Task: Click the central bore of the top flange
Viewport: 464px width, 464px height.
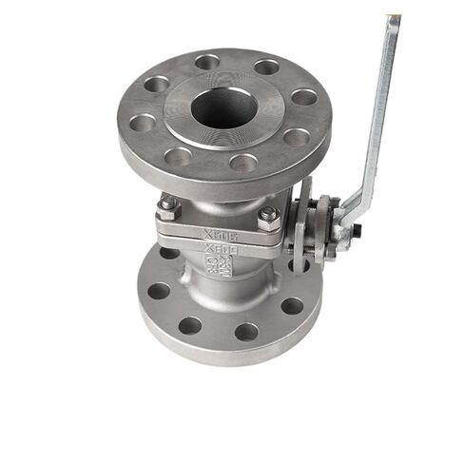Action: coord(223,108)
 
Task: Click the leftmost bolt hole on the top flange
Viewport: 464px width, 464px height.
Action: coord(143,122)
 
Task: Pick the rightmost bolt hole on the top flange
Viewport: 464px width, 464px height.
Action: coord(303,97)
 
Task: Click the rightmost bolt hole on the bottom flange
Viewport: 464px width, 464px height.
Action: coord(292,306)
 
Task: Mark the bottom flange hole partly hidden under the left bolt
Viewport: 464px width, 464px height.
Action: coord(169,253)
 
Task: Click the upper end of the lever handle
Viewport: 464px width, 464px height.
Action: coord(393,21)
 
